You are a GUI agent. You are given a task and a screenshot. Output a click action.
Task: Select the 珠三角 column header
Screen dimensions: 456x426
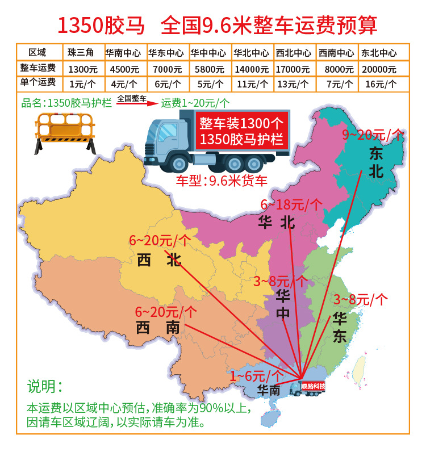81,53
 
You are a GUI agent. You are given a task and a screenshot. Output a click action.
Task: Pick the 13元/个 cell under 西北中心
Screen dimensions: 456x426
295,83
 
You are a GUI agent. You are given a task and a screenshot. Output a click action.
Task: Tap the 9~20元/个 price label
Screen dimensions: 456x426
373,135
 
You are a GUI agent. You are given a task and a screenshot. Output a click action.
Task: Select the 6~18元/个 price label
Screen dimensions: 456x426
291,204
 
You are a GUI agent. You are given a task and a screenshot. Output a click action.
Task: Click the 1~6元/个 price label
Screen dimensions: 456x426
256,375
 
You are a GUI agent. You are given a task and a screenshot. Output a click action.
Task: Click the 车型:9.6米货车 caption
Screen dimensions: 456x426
221,182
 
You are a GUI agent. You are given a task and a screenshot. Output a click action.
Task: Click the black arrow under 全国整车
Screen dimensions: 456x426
132,103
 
